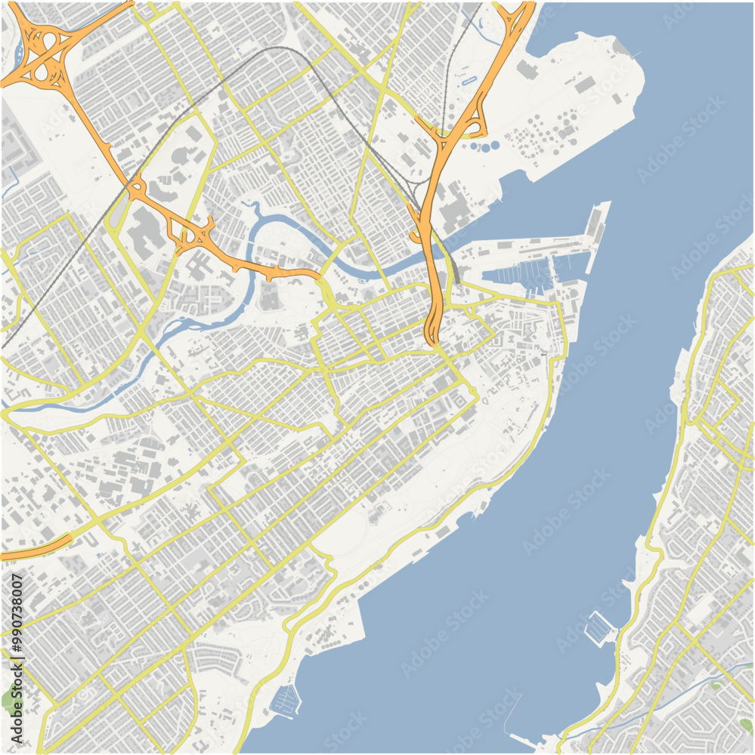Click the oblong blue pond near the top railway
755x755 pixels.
click(469, 79)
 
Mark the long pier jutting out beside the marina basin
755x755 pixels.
click(593, 234)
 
